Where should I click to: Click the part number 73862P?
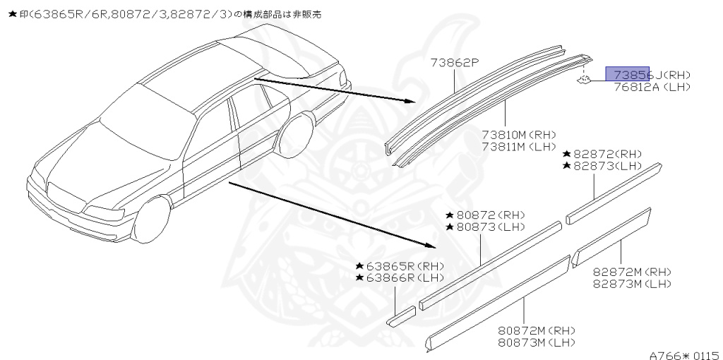(455, 62)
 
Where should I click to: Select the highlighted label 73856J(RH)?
(651, 74)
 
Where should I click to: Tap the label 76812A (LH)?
(651, 87)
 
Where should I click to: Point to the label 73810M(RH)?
(520, 134)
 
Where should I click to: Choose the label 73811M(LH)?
(520, 146)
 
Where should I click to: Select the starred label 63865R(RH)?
(400, 266)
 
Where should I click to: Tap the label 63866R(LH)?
(400, 277)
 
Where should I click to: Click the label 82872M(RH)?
(632, 272)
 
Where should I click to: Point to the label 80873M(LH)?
(534, 342)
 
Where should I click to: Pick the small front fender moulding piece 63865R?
(401, 316)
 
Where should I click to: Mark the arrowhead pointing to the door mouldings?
(431, 246)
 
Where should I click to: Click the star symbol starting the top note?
(11, 13)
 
